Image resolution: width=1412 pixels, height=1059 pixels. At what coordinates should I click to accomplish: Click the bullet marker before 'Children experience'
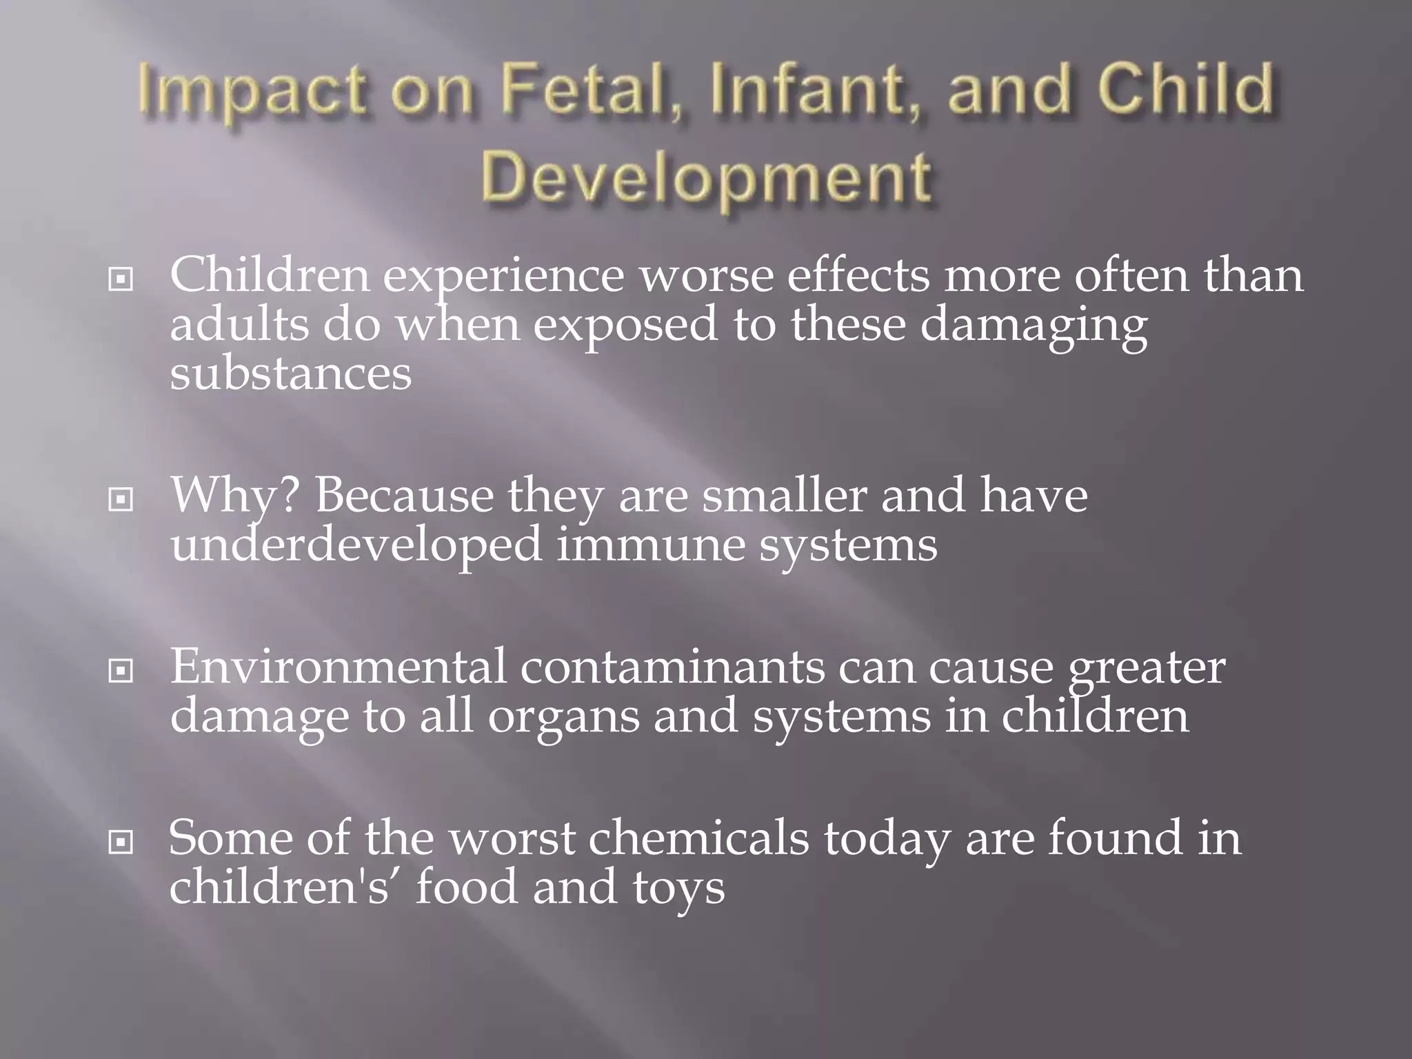click(121, 279)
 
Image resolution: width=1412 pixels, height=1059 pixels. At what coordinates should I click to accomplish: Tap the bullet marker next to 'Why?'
click(121, 499)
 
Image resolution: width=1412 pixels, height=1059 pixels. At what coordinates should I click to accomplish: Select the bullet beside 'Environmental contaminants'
click(121, 670)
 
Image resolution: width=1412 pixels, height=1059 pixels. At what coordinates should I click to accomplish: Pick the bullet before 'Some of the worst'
click(121, 841)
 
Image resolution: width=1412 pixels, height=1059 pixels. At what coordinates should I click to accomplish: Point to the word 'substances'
click(290, 374)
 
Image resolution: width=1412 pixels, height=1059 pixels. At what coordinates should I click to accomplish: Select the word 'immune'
click(650, 545)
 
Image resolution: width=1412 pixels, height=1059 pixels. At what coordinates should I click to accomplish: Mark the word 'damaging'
click(1034, 325)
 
